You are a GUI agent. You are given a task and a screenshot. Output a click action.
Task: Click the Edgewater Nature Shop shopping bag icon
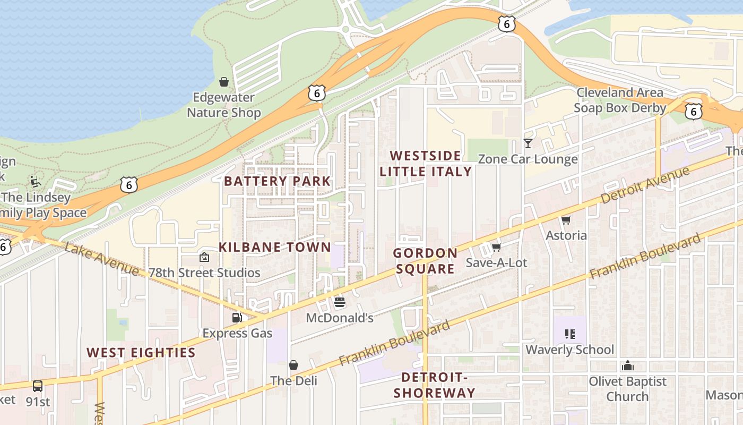(x=224, y=82)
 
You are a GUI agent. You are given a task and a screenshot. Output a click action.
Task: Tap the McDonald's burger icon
(x=340, y=302)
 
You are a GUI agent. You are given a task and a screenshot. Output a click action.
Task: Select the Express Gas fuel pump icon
(x=237, y=317)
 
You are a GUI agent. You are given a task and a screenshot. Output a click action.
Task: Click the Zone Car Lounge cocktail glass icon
(x=528, y=143)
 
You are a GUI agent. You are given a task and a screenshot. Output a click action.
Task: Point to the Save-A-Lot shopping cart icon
(x=496, y=247)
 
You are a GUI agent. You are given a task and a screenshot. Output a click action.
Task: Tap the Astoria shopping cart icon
(x=566, y=220)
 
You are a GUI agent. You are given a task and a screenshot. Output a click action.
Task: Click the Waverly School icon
(x=569, y=334)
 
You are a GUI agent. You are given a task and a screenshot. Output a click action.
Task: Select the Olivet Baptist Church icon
(x=628, y=365)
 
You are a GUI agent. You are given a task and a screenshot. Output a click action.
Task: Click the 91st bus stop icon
(x=38, y=386)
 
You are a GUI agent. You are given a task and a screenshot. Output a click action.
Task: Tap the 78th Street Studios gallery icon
(x=204, y=257)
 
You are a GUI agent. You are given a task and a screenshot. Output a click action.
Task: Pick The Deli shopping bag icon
(x=293, y=365)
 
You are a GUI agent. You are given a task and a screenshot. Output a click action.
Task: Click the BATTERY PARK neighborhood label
(x=277, y=181)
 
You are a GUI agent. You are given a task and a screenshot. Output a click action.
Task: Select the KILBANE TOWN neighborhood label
(x=275, y=247)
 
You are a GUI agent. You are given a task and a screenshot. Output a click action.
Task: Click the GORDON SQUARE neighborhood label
(x=426, y=261)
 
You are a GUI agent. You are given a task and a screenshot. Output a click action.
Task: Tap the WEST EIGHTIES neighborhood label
(x=141, y=353)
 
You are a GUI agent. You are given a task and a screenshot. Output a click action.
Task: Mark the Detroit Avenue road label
(x=645, y=184)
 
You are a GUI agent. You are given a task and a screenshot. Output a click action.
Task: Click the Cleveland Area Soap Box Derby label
(x=620, y=100)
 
